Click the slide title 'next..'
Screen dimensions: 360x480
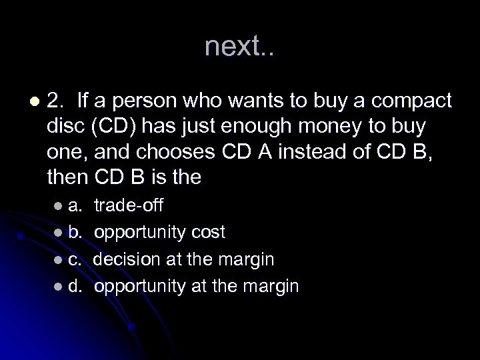tap(239, 46)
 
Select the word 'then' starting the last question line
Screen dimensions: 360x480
tap(65, 177)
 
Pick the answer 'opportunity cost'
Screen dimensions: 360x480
tap(159, 231)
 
